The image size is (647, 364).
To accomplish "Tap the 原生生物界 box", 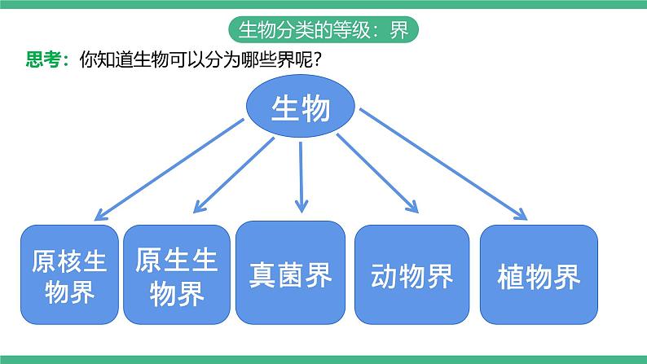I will (176, 275).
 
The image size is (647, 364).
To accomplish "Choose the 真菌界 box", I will (290, 273).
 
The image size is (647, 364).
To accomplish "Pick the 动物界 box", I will (412, 275).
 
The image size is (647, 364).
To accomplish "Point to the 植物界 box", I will (539, 275).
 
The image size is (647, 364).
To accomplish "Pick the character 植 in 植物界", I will (511, 277).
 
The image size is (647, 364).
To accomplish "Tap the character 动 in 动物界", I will (384, 277).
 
